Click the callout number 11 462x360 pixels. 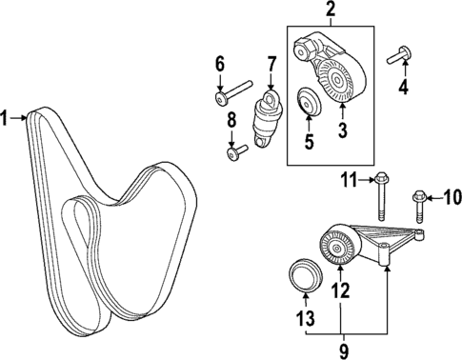[x=350, y=177]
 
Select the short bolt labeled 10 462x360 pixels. [x=420, y=208]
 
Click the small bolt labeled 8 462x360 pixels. [x=235, y=150]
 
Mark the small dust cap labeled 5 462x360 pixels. [x=307, y=100]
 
